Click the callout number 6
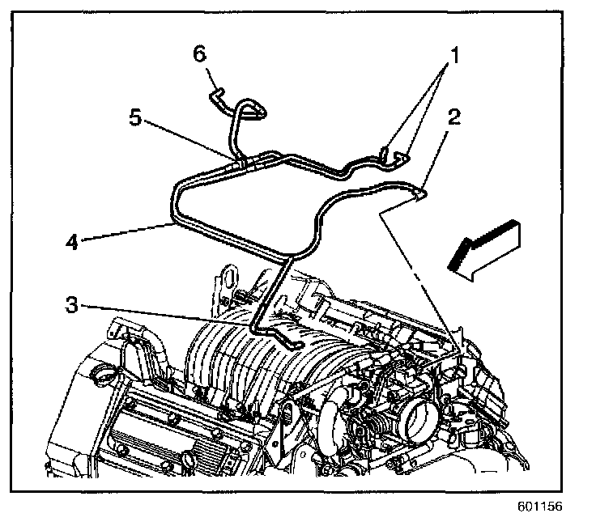(199, 53)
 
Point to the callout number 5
(136, 118)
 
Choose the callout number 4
(73, 240)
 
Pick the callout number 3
(74, 305)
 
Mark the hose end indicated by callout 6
(215, 95)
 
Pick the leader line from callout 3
(162, 315)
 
